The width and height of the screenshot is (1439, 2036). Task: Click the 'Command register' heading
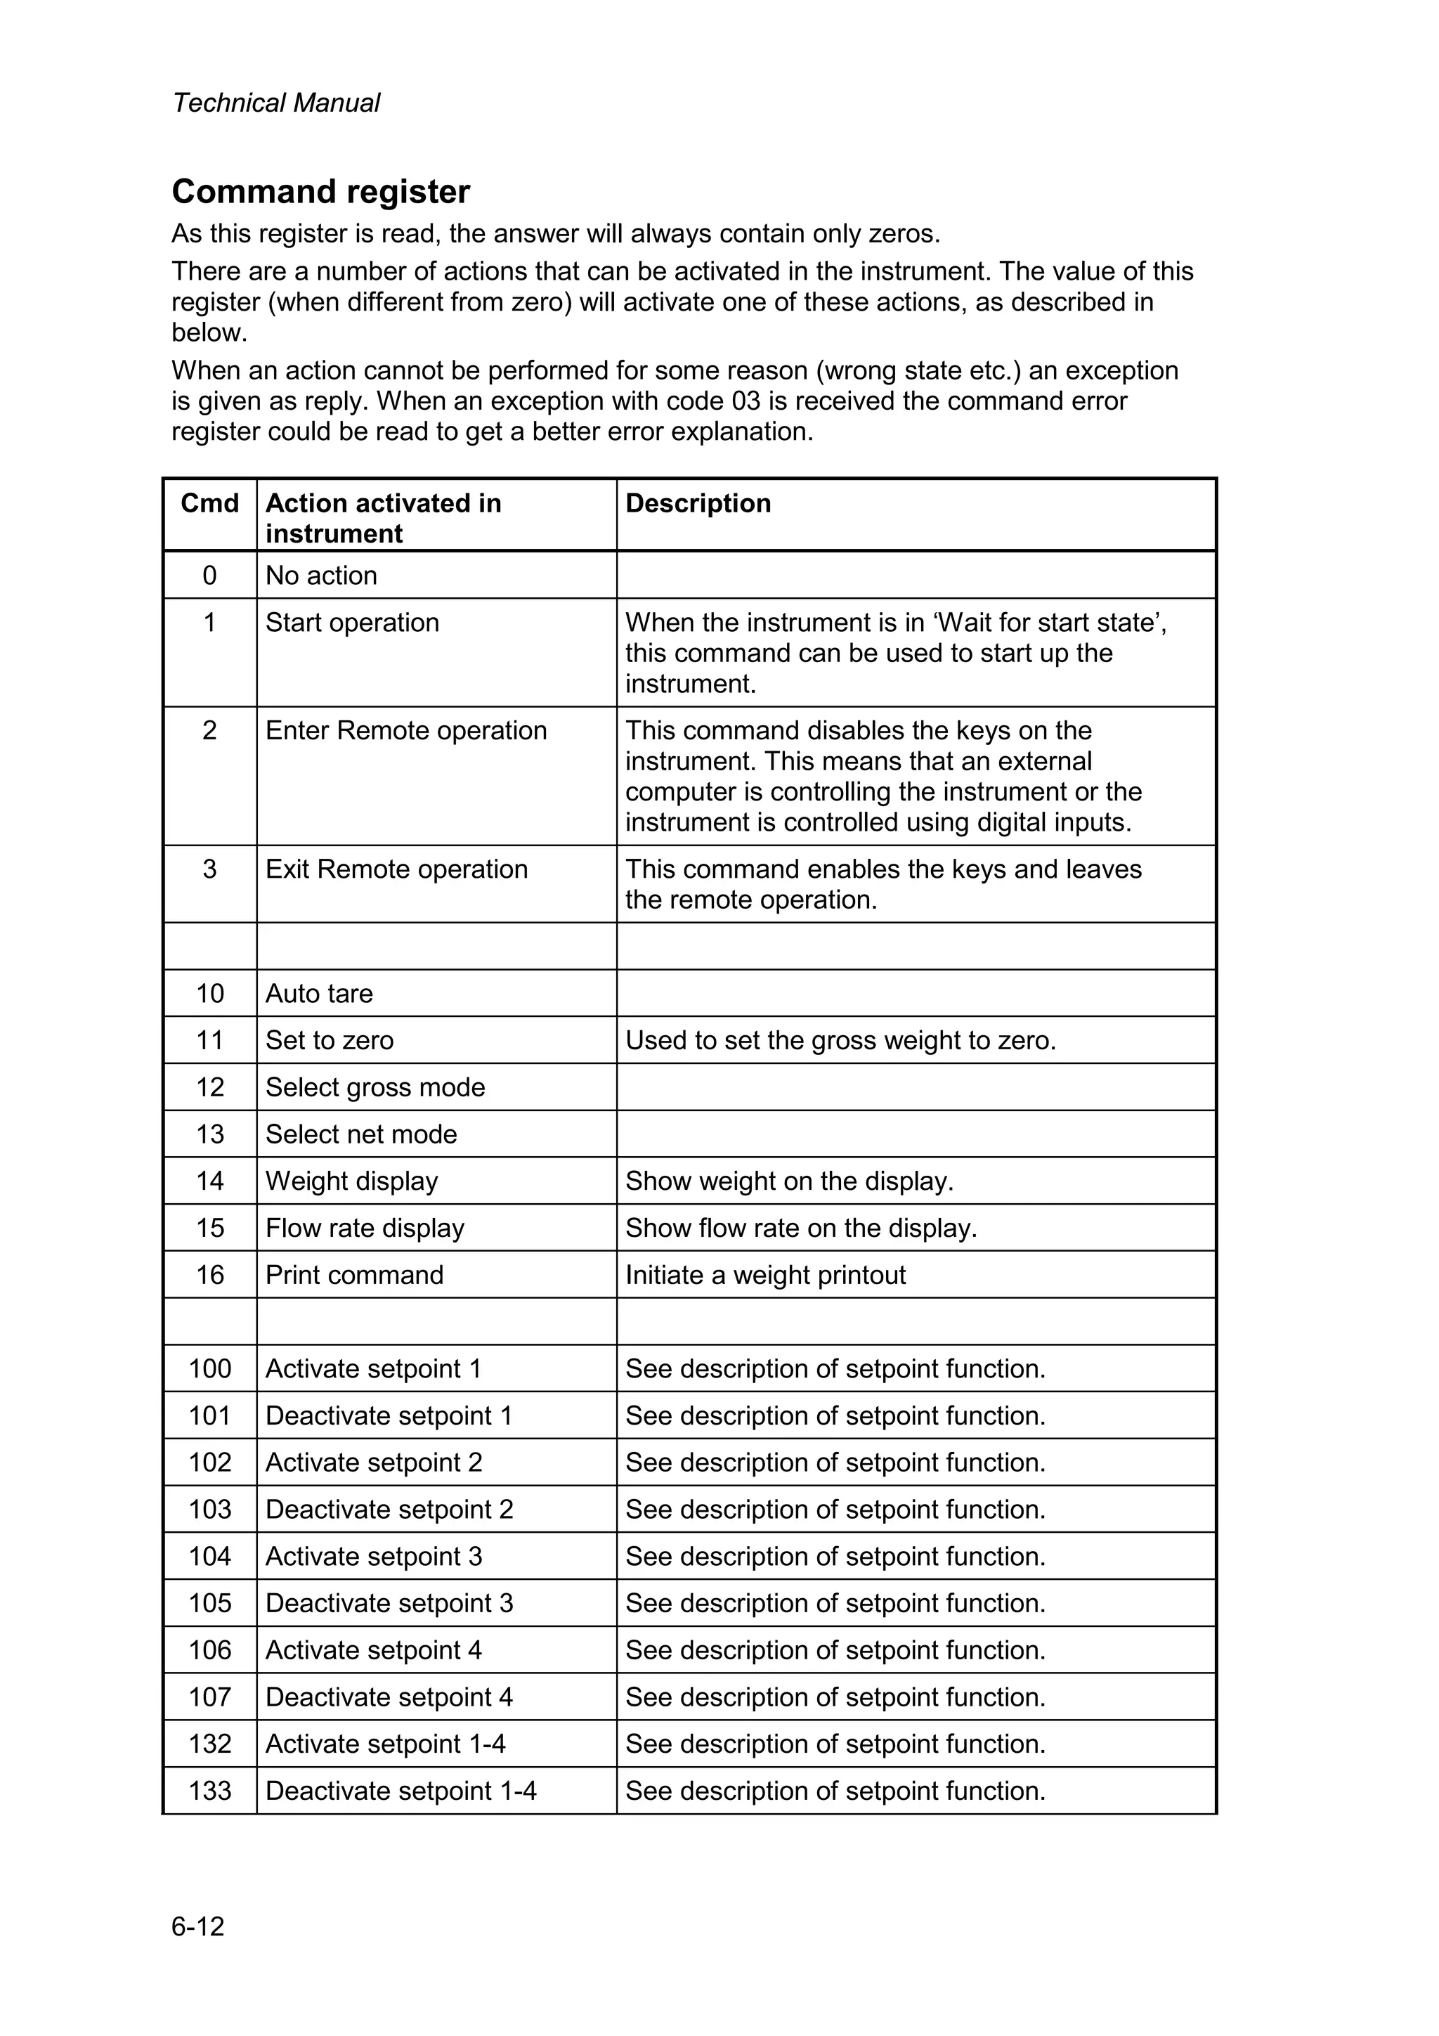tap(320, 192)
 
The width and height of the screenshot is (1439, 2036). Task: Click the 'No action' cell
tap(321, 576)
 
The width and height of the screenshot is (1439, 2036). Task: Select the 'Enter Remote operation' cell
tap(406, 731)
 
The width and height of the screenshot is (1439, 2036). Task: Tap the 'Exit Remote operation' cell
tap(396, 869)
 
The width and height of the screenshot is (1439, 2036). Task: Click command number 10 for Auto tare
tap(209, 993)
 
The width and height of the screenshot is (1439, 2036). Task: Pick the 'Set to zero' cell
tap(329, 1040)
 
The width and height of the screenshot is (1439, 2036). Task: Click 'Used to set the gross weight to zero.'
tap(840, 1040)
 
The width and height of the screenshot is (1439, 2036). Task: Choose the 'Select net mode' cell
tap(361, 1134)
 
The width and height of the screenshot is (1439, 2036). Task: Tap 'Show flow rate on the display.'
tap(800, 1228)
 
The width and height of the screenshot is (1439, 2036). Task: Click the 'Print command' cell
tap(353, 1275)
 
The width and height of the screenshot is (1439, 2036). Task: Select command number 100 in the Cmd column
tap(209, 1369)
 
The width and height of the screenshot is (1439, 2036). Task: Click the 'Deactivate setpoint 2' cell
tap(389, 1510)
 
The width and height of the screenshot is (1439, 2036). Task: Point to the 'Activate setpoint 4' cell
tap(373, 1650)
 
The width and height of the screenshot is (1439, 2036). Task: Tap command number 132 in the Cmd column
tap(209, 1744)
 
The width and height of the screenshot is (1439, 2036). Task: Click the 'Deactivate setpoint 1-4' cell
tap(401, 1791)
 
